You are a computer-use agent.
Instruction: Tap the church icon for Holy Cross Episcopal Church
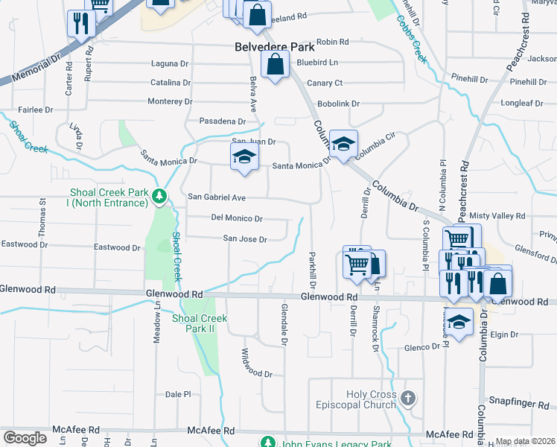(x=407, y=398)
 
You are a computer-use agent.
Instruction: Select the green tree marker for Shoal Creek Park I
(x=159, y=197)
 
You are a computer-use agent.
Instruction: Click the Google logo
(x=25, y=438)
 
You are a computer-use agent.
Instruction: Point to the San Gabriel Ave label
(x=216, y=197)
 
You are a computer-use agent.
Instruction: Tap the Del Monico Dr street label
(x=237, y=218)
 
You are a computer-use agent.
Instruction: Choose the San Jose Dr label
(x=245, y=239)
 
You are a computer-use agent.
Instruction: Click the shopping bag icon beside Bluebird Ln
(x=276, y=65)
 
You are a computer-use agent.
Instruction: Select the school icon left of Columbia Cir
(x=343, y=145)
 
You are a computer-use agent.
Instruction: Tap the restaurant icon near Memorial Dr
(x=81, y=23)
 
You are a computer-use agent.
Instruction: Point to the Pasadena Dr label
(x=222, y=121)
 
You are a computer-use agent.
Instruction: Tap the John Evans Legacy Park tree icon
(x=267, y=443)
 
